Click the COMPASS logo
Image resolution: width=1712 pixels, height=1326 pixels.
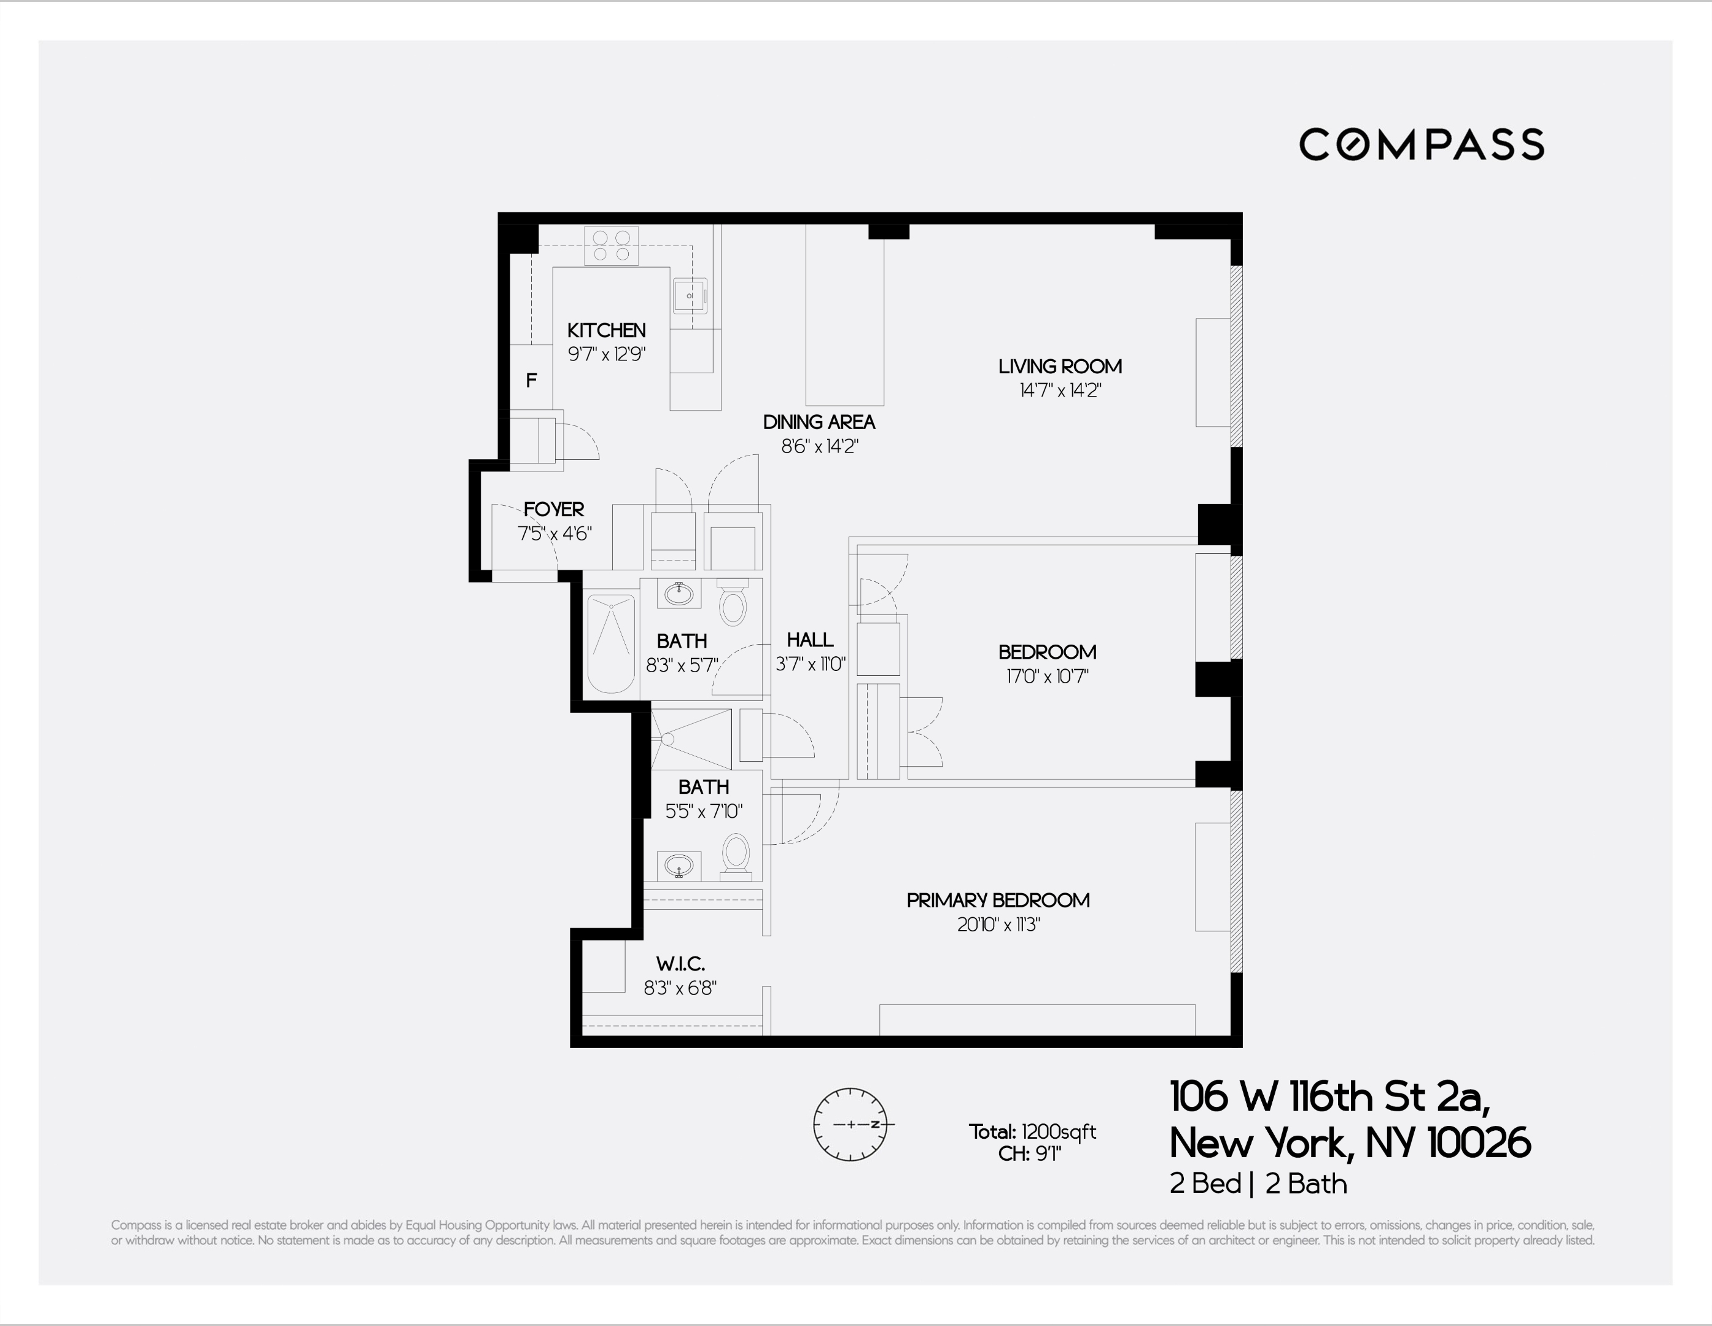coord(1421,145)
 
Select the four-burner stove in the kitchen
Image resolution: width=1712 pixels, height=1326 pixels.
coord(612,246)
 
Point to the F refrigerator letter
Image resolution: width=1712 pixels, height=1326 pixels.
coord(532,381)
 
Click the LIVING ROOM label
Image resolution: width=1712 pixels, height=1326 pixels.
coord(1060,366)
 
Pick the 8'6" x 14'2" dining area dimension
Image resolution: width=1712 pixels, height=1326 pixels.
coord(819,447)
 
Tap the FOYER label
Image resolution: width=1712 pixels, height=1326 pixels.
coord(553,510)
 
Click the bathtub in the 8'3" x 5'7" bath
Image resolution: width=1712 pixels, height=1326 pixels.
coord(610,643)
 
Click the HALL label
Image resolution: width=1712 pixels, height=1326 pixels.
coord(810,640)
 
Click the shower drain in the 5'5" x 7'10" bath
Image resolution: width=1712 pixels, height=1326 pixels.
coord(668,739)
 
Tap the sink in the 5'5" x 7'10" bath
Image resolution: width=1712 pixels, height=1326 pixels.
coord(679,866)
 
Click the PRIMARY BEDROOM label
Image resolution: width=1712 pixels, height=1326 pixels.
coord(998,901)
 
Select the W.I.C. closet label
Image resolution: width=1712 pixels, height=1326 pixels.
coord(680,964)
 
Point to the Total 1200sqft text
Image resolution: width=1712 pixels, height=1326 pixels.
coord(1032,1131)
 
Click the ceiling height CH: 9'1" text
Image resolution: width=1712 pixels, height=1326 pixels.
coord(1029,1154)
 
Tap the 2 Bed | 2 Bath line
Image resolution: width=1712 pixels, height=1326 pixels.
coord(1258,1184)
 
